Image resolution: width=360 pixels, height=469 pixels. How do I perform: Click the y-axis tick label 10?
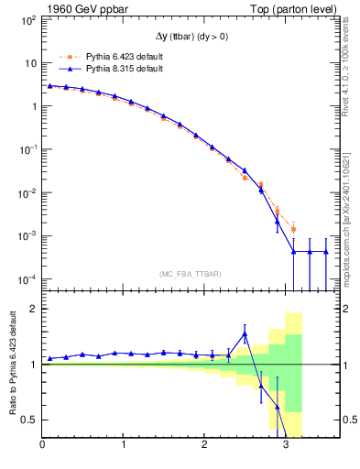click(x=30, y=63)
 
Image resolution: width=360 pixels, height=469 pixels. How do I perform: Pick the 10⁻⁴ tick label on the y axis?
click(x=27, y=279)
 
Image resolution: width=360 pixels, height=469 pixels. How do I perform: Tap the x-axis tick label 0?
click(x=42, y=446)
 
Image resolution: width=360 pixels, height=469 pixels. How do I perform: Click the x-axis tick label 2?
click(x=204, y=446)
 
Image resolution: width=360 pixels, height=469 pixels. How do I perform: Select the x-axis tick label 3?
click(x=286, y=446)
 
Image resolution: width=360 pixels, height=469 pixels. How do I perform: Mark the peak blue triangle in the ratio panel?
click(x=245, y=333)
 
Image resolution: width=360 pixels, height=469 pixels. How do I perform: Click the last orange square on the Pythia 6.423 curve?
click(x=293, y=229)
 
